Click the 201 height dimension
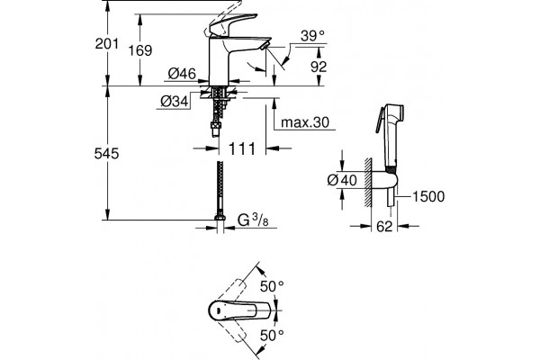tap(107, 44)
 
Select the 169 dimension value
tap(140, 50)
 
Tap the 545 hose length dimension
tap(107, 154)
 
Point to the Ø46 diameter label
tap(182, 74)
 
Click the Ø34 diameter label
tap(175, 102)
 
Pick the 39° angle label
tap(312, 36)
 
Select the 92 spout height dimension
tap(319, 67)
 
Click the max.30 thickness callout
tap(305, 122)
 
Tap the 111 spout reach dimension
tap(242, 148)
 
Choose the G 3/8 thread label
tap(253, 220)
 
